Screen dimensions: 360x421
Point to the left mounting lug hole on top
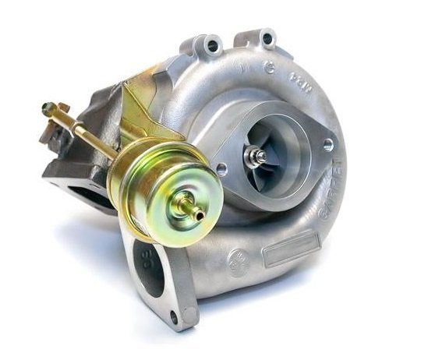point(212,47)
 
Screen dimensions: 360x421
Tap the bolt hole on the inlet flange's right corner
point(327,145)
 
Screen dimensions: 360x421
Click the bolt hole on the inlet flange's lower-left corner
point(222,168)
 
